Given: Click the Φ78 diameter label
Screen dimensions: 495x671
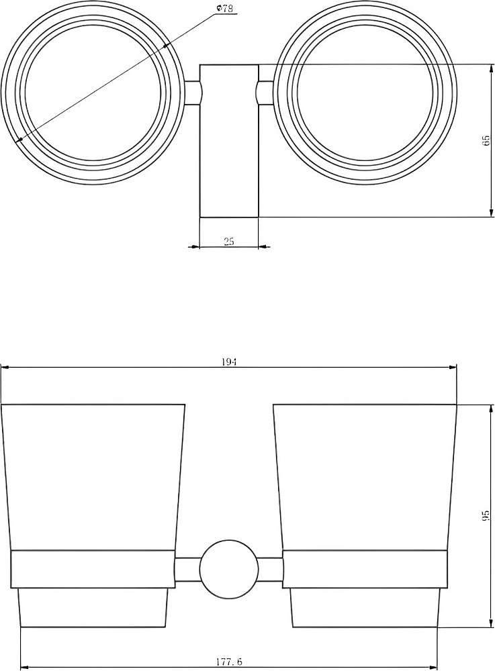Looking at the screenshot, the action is [226, 8].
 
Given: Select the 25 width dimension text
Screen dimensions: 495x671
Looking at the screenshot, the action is [229, 241].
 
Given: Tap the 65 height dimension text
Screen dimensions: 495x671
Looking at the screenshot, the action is [486, 140].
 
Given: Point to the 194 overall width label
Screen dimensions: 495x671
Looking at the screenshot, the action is [230, 362].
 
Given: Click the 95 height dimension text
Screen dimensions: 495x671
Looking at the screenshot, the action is [486, 516].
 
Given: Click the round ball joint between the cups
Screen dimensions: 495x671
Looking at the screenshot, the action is [229, 569].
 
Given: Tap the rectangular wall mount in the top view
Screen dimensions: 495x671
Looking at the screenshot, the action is [229, 141].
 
